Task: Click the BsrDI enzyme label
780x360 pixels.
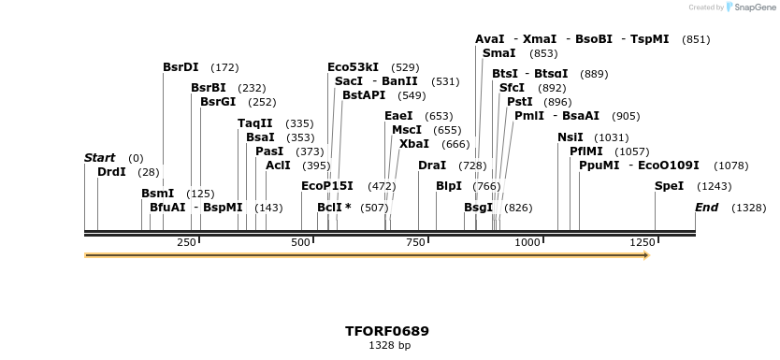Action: [x=181, y=67]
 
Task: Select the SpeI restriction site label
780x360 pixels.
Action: [x=669, y=186]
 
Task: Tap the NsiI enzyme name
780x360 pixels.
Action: [x=570, y=137]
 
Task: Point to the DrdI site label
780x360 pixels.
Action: [x=111, y=172]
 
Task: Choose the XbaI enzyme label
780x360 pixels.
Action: [x=414, y=144]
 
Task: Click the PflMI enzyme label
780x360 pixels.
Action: [x=585, y=151]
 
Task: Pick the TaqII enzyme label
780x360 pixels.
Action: [x=255, y=123]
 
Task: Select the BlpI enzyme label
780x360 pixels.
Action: [x=449, y=186]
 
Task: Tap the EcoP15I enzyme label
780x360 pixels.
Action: [x=327, y=186]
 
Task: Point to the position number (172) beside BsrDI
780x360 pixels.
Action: [x=225, y=67]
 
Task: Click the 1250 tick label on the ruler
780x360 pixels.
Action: [x=642, y=242]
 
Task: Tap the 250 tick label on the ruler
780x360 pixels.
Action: [x=186, y=242]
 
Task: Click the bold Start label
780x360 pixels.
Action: [x=99, y=158]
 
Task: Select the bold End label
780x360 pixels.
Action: [x=706, y=208]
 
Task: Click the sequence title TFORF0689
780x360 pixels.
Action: [x=387, y=331]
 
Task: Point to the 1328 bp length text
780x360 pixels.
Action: [x=389, y=346]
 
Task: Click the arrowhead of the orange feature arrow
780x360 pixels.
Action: [x=644, y=254]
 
